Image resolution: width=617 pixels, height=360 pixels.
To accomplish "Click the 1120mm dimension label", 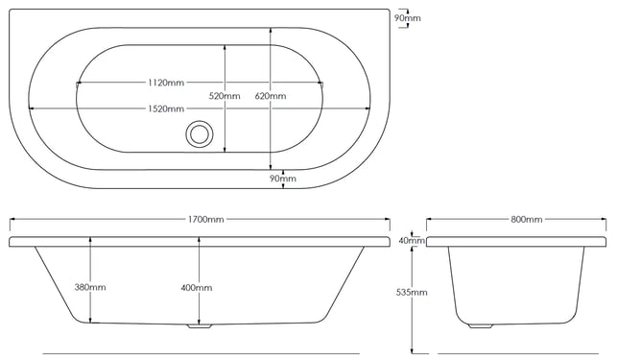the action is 166,83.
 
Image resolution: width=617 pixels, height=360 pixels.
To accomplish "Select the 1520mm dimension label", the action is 166,108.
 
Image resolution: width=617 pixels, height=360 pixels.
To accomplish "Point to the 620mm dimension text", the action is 271,96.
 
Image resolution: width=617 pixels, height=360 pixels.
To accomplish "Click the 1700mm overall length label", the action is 205,220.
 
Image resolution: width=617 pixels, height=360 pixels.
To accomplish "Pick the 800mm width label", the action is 527,220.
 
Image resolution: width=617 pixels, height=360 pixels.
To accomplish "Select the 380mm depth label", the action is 90,287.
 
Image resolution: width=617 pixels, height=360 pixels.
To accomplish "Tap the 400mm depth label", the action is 197,288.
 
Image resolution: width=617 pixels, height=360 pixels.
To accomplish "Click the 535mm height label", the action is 412,292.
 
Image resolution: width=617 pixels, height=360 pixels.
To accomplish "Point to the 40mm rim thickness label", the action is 412,240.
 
